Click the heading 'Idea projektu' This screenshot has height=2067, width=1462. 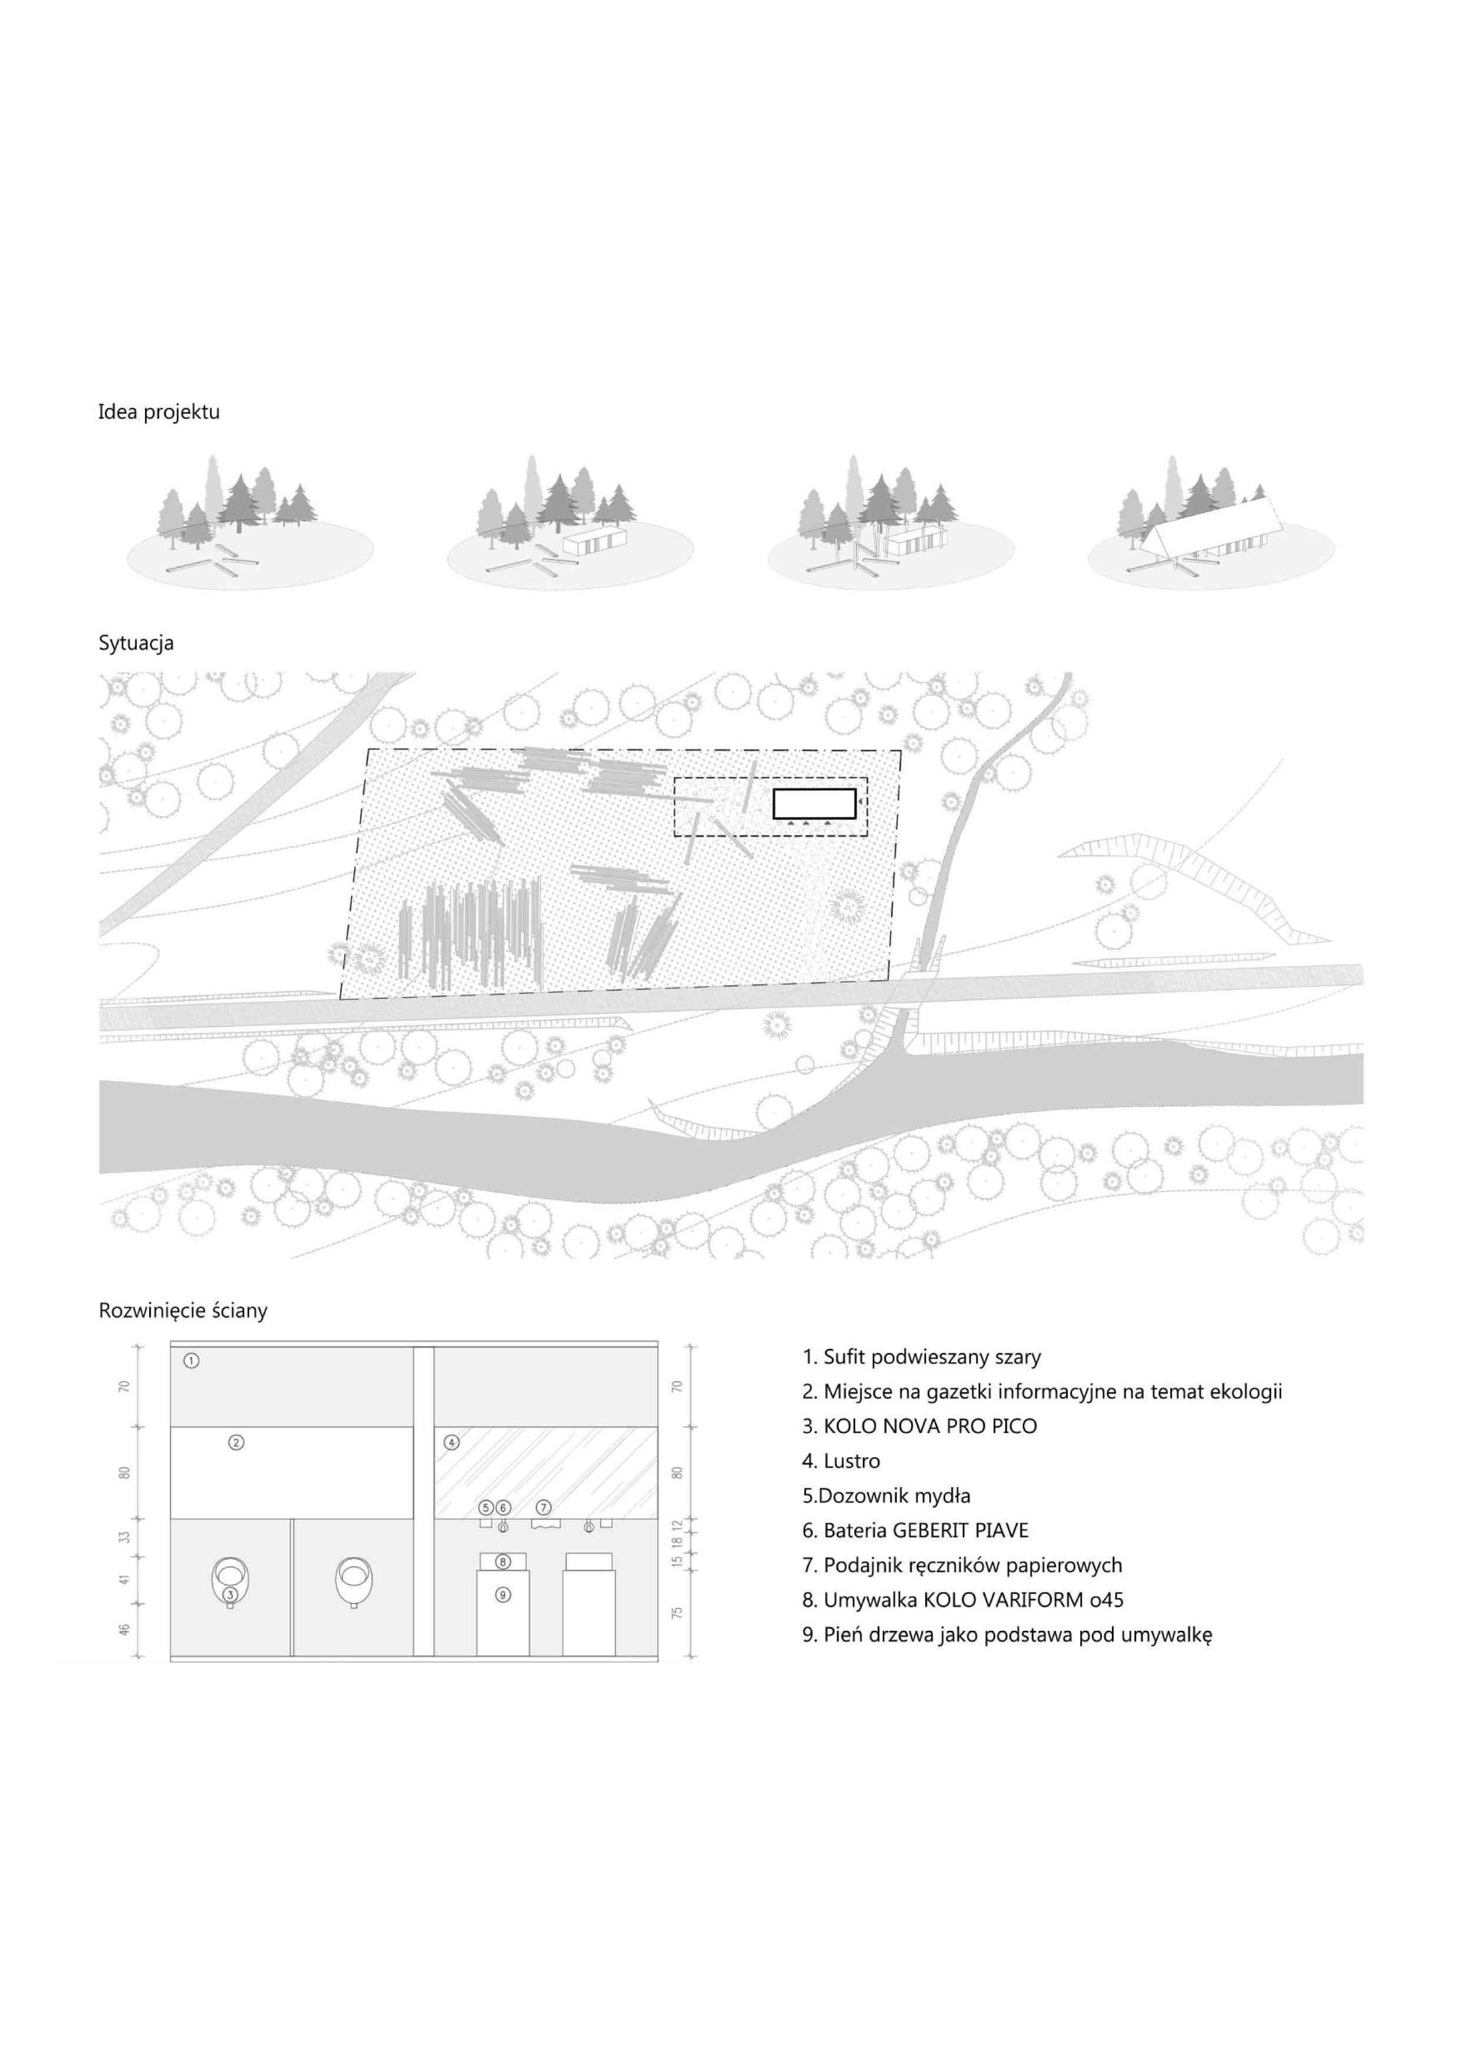click(159, 413)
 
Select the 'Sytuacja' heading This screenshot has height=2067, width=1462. click(136, 643)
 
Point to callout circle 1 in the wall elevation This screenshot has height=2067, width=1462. click(191, 1361)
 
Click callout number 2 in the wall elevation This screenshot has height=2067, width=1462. click(236, 1442)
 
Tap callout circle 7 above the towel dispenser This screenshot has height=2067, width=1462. click(544, 1507)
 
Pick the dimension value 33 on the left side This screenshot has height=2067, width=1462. click(125, 1536)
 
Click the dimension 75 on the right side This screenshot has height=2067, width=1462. click(678, 1612)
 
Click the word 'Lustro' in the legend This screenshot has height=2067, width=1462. click(852, 1461)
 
